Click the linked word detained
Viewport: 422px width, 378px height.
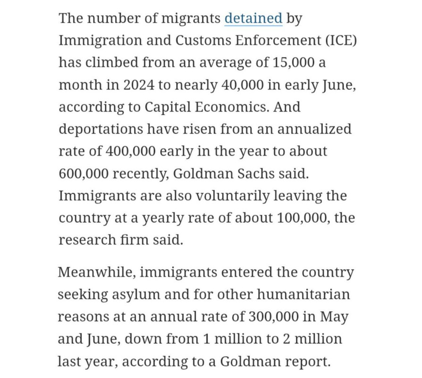pos(253,18)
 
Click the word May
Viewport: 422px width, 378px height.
pos(333,317)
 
